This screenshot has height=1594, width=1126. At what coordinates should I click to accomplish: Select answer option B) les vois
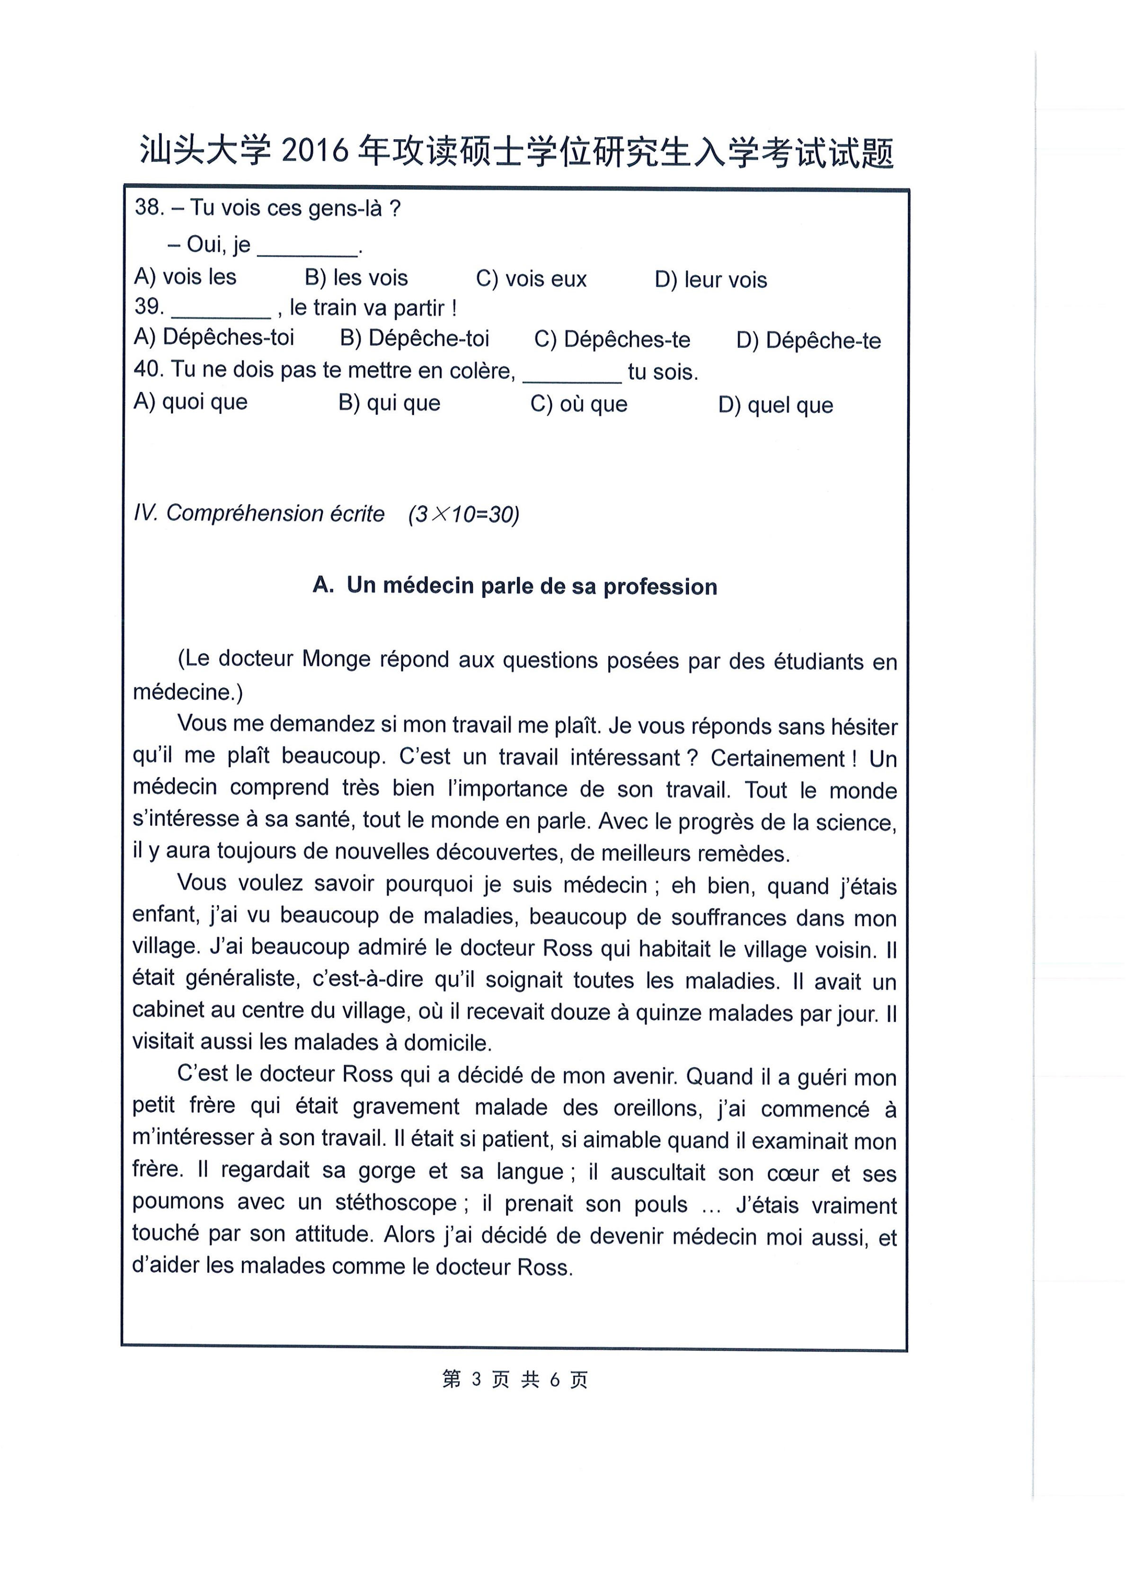pyautogui.click(x=356, y=278)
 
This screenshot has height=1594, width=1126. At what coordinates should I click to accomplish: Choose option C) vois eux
pyautogui.click(x=531, y=279)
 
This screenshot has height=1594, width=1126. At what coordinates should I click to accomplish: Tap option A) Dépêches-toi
pyautogui.click(x=214, y=338)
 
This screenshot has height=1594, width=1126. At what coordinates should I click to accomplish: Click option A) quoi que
pyautogui.click(x=190, y=402)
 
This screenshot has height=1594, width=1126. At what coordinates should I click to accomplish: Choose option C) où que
pyautogui.click(x=578, y=404)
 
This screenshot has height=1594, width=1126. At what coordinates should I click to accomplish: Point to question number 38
pyautogui.click(x=149, y=207)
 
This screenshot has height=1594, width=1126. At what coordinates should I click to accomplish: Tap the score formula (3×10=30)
pyautogui.click(x=464, y=515)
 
